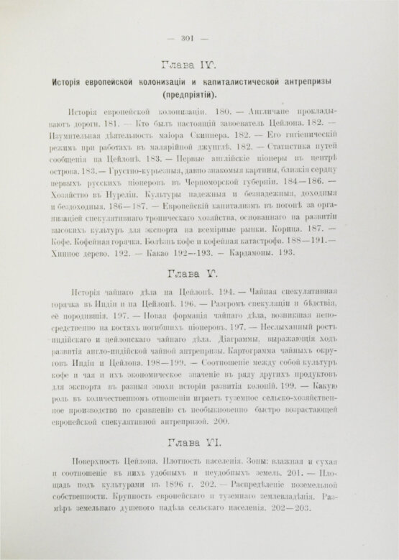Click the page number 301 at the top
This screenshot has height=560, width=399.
(x=196, y=40)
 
